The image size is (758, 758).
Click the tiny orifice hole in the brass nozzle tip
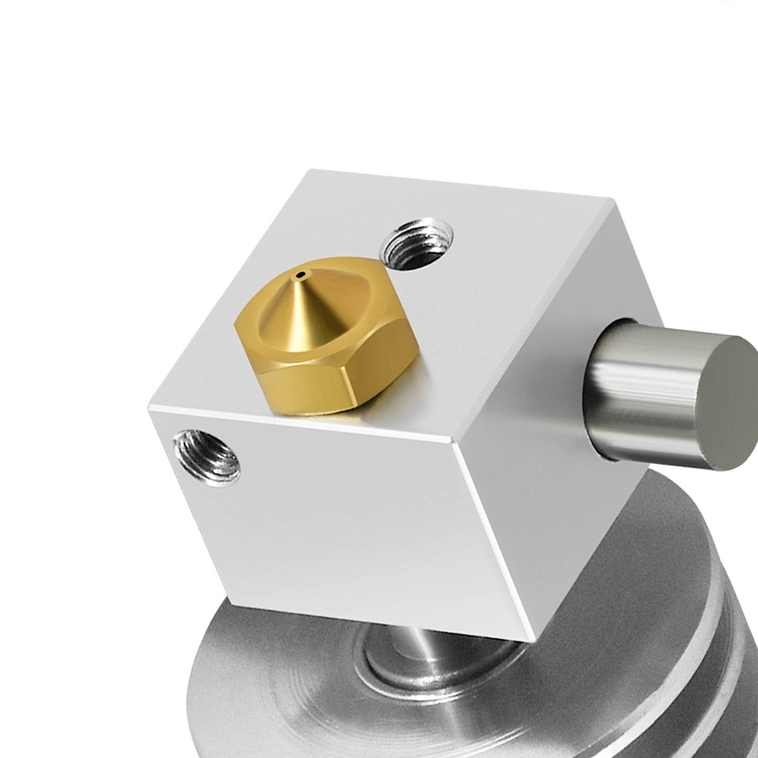click(x=299, y=274)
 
